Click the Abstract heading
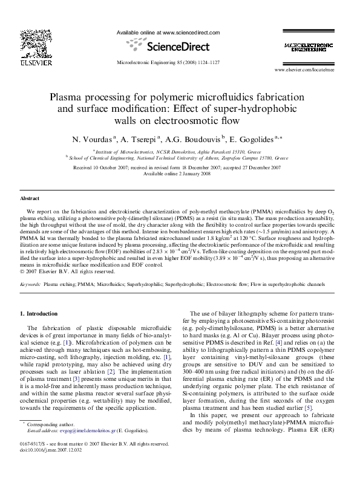tap(30, 198)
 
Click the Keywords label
tap(31, 284)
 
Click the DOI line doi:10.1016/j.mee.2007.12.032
tap(51, 467)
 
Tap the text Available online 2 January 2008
tap(180, 174)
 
